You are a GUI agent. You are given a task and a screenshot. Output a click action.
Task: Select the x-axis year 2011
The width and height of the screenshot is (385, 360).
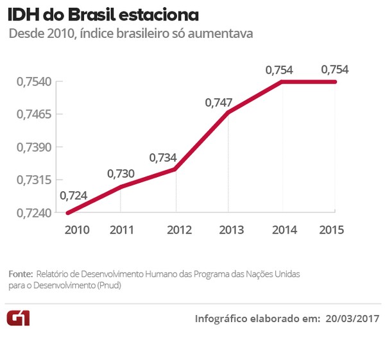click(121, 230)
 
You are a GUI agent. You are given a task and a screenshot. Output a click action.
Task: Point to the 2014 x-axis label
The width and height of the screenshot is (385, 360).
click(284, 230)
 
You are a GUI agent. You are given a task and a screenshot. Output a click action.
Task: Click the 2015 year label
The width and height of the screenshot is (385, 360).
click(332, 230)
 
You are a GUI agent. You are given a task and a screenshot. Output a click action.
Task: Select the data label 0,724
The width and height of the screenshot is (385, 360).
click(73, 196)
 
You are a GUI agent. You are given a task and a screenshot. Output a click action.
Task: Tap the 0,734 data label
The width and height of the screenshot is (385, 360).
click(162, 157)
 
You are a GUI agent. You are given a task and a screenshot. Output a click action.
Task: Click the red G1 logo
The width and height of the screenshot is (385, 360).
click(18, 319)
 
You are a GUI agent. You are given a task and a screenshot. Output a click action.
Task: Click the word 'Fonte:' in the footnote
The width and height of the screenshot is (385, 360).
click(21, 274)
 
